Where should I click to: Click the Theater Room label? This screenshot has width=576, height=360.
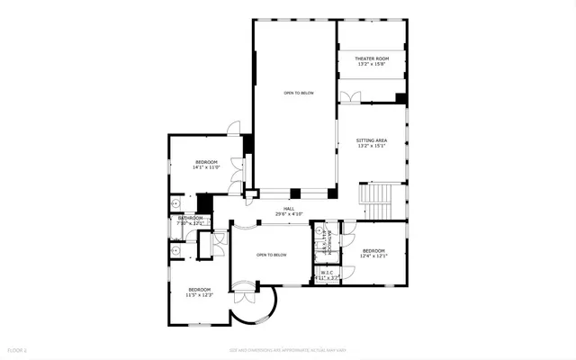[371, 58]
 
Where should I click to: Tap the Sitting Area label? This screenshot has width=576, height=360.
[371, 141]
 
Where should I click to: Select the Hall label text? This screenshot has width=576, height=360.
[289, 209]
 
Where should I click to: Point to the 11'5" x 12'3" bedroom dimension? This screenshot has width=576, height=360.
[199, 294]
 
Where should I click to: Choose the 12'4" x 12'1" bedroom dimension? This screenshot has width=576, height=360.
[373, 256]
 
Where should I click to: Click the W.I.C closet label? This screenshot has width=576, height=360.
[327, 272]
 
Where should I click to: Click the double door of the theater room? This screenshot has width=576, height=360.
[351, 95]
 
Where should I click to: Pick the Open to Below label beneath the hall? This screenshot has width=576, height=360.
[271, 255]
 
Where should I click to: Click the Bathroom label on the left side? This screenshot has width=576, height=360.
[190, 218]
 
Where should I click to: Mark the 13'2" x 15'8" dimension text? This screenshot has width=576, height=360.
[371, 64]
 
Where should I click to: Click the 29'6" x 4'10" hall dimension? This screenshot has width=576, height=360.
[289, 214]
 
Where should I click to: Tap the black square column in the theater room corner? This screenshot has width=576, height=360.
[401, 98]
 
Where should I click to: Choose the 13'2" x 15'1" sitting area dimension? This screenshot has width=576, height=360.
[371, 147]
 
